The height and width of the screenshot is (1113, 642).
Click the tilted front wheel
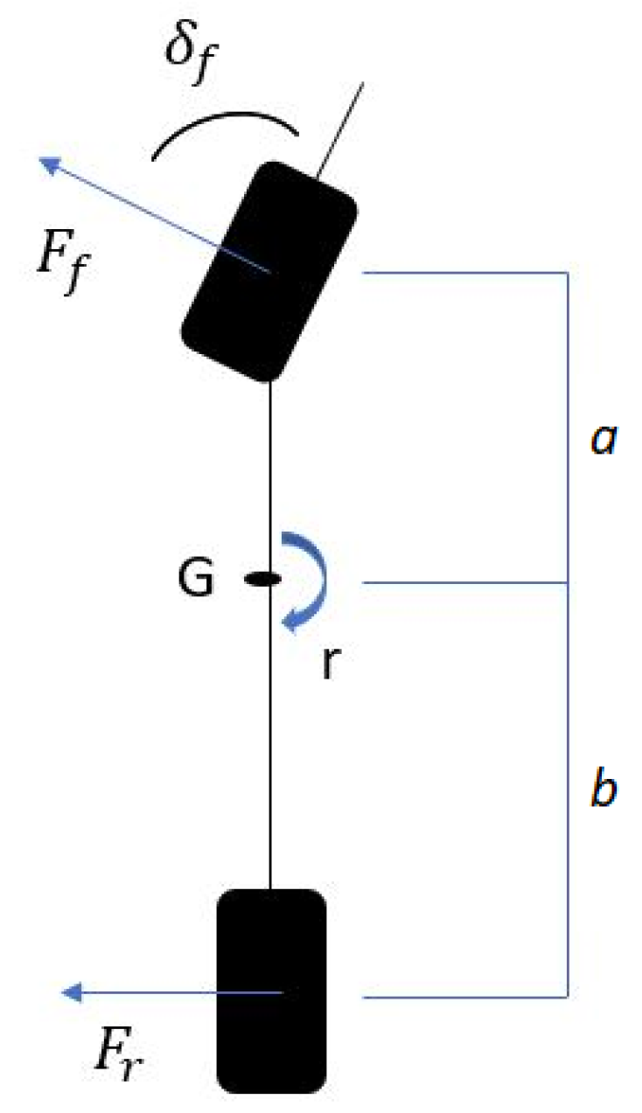coord(269,271)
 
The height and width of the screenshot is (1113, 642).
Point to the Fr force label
coord(119,1061)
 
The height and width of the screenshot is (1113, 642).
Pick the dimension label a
coord(604,442)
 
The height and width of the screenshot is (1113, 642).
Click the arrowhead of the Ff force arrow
coord(51,163)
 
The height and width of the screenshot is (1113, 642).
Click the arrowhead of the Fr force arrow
coord(72,991)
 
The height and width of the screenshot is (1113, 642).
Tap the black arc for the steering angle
coord(226,125)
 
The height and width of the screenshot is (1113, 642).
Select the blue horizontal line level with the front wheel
coord(464,273)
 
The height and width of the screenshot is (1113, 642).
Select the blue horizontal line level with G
coord(464,582)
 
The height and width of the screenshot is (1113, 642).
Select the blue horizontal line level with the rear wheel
coord(464,996)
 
